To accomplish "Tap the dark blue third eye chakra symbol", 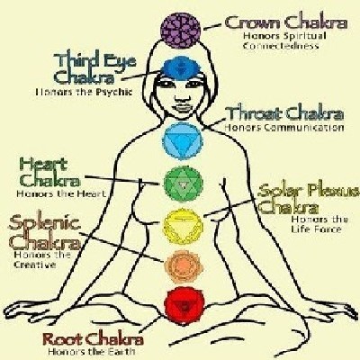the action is [180, 68].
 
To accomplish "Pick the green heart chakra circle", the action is [183, 184].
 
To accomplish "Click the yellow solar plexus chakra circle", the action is [183, 226].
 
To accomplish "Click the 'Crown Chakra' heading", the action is [286, 22].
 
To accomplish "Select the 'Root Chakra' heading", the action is [93, 339].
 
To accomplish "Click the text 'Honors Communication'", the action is [284, 127].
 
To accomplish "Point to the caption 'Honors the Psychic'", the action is [84, 92].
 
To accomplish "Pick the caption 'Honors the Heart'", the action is [61, 193].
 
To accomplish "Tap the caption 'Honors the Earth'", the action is [92, 351].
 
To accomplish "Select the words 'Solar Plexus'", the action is [309, 191].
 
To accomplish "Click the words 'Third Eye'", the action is [95, 61].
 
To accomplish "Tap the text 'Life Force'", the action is [316, 229].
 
